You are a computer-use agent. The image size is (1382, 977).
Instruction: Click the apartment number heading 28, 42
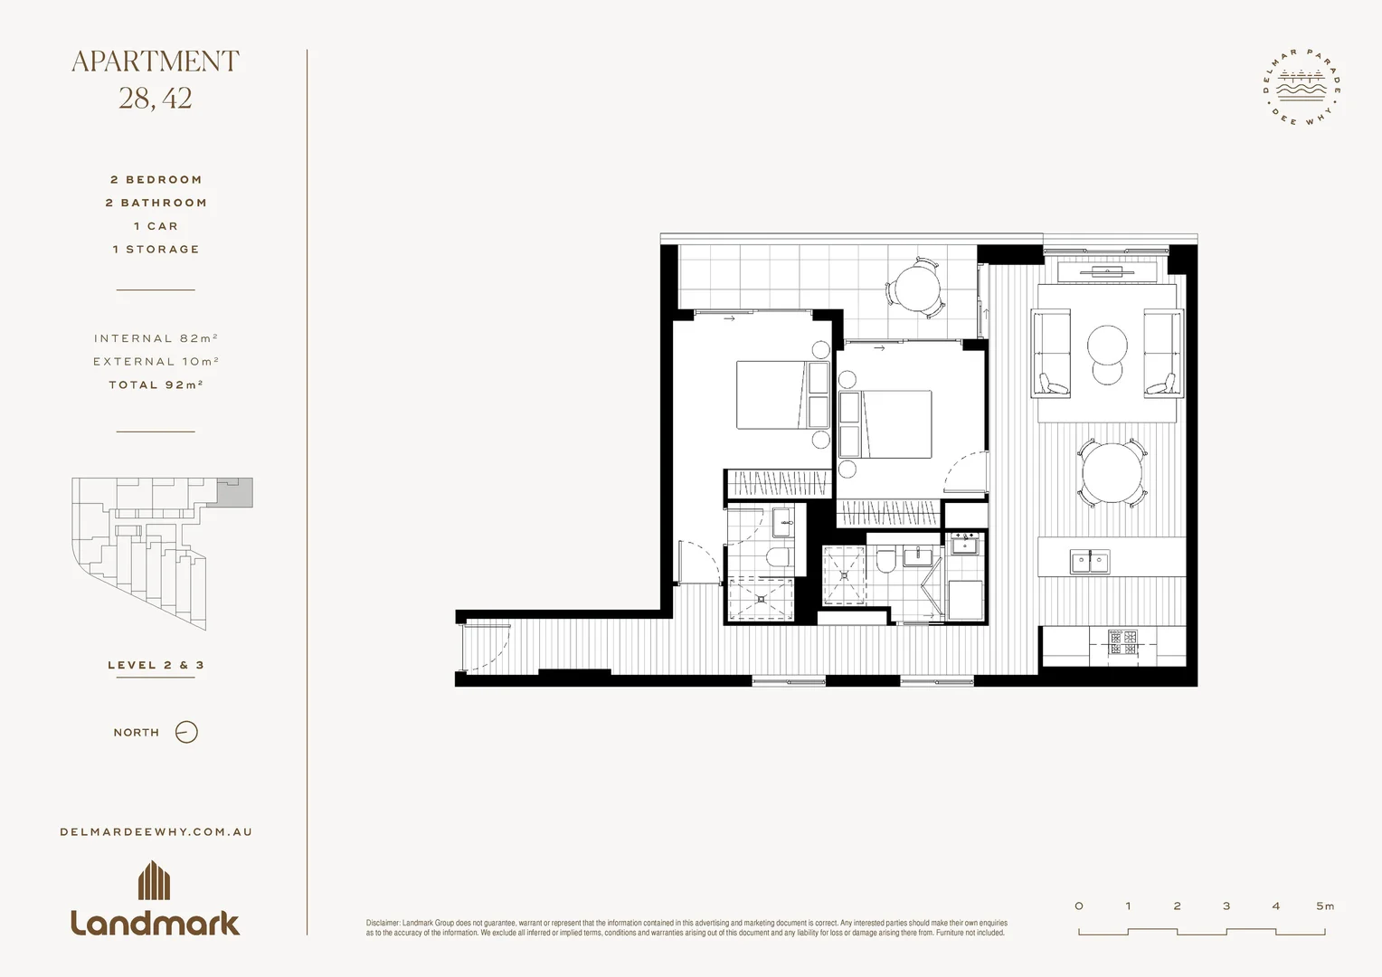(x=156, y=98)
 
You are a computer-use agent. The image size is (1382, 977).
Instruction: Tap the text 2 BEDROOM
(x=156, y=180)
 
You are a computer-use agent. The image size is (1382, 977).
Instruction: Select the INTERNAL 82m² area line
(x=156, y=338)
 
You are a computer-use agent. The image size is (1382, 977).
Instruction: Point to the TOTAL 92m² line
(x=156, y=384)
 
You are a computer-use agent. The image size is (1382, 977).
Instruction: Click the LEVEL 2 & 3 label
(x=156, y=665)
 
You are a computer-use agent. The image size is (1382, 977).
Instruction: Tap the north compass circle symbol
(x=186, y=732)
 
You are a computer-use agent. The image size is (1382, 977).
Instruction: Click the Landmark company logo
(x=156, y=899)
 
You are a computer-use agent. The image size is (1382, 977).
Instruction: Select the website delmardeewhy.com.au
(x=156, y=831)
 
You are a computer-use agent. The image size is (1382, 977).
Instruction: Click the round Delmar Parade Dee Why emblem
(x=1302, y=89)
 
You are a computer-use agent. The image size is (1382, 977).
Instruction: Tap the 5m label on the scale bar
(x=1325, y=906)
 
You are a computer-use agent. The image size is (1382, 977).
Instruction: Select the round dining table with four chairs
(x=1112, y=473)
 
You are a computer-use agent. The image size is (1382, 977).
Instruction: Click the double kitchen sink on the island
(x=1091, y=562)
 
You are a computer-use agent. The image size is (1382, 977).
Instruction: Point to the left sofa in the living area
(x=1050, y=353)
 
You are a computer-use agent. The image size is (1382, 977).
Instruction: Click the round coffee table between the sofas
(x=1107, y=345)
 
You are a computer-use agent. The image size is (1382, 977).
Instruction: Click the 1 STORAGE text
(x=156, y=249)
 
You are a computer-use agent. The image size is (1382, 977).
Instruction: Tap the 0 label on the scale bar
(x=1079, y=906)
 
